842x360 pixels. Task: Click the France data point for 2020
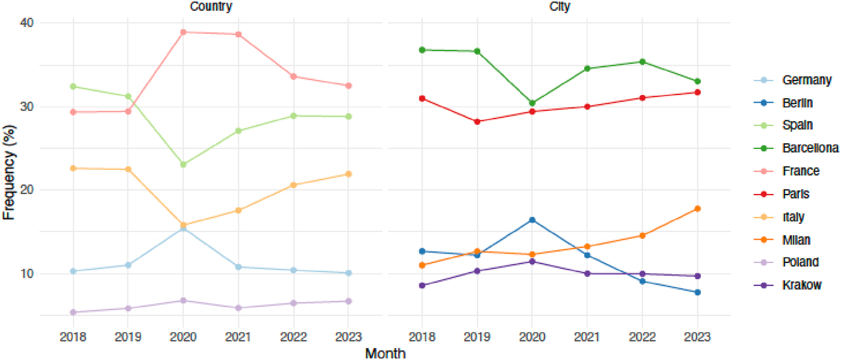[x=183, y=32]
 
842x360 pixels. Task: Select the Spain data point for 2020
[x=183, y=164]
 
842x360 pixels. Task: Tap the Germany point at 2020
[x=183, y=228]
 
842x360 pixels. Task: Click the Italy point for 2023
[x=348, y=174]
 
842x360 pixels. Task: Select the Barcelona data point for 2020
[x=532, y=103]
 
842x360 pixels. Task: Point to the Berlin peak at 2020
[x=532, y=220]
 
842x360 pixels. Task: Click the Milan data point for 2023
[x=697, y=209]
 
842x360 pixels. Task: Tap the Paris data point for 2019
[x=477, y=122]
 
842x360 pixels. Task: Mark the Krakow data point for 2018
[x=422, y=285]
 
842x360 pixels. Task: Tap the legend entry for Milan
[x=796, y=240]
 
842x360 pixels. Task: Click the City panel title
[x=559, y=6]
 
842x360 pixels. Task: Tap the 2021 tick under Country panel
[x=238, y=337]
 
